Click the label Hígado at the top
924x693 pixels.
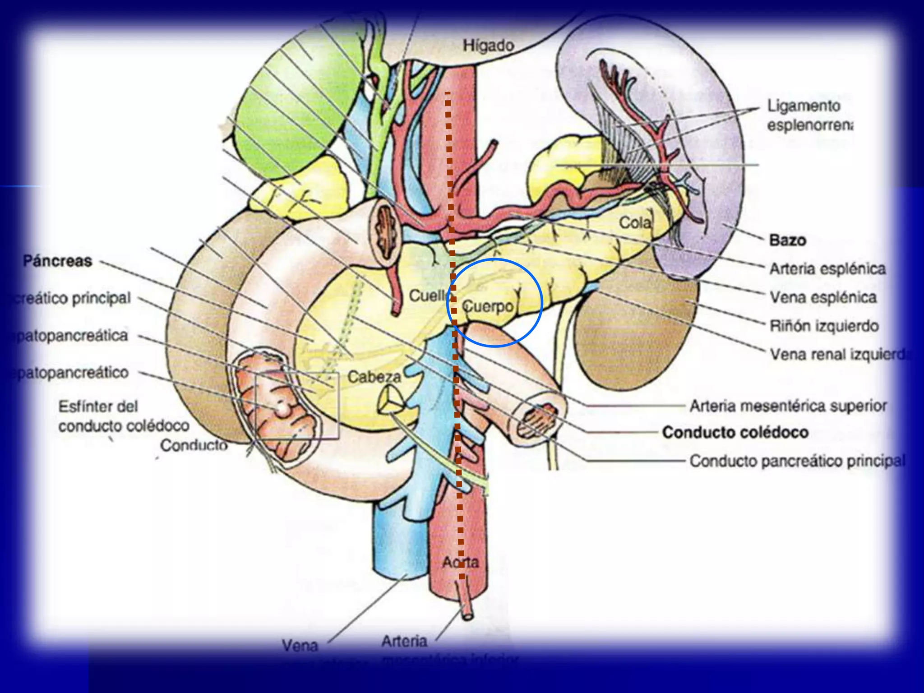(488, 46)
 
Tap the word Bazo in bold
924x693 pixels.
(787, 240)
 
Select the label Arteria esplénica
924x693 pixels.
(827, 269)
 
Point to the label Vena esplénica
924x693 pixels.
(823, 297)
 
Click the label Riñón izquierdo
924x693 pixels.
(824, 326)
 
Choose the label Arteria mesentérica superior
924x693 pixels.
(788, 406)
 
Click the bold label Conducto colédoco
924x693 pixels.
(735, 432)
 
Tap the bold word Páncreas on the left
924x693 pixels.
(57, 261)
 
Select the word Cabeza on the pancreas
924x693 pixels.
(374, 377)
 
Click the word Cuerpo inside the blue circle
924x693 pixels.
(488, 306)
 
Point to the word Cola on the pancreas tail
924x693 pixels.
(635, 222)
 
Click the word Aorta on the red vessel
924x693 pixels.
(460, 562)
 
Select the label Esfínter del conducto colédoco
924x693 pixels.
(123, 416)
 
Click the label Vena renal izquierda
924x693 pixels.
(839, 355)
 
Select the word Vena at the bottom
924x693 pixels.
(300, 646)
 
